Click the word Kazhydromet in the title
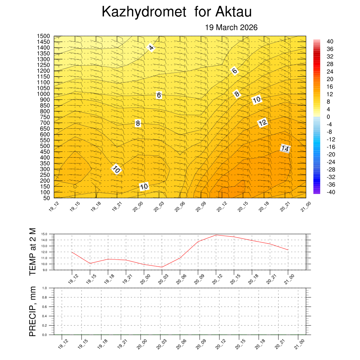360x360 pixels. pyautogui.click(x=144, y=12)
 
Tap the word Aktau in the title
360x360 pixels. pyautogui.click(x=233, y=12)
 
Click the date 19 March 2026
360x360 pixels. pyautogui.click(x=231, y=27)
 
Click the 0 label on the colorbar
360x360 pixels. pyautogui.click(x=328, y=117)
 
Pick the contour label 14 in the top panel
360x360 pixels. pyautogui.click(x=285, y=149)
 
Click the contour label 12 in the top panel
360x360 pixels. pyautogui.click(x=263, y=123)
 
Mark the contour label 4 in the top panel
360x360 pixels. pyautogui.click(x=151, y=47)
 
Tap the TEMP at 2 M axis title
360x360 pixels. pyautogui.click(x=32, y=252)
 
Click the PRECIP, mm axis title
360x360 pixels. pyautogui.click(x=32, y=311)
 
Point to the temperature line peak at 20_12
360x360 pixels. pyautogui.click(x=216, y=235)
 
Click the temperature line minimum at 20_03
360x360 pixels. pyautogui.click(x=162, y=267)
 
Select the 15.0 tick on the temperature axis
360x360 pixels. pyautogui.click(x=44, y=234)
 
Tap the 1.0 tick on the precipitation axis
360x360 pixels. pyautogui.click(x=45, y=288)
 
